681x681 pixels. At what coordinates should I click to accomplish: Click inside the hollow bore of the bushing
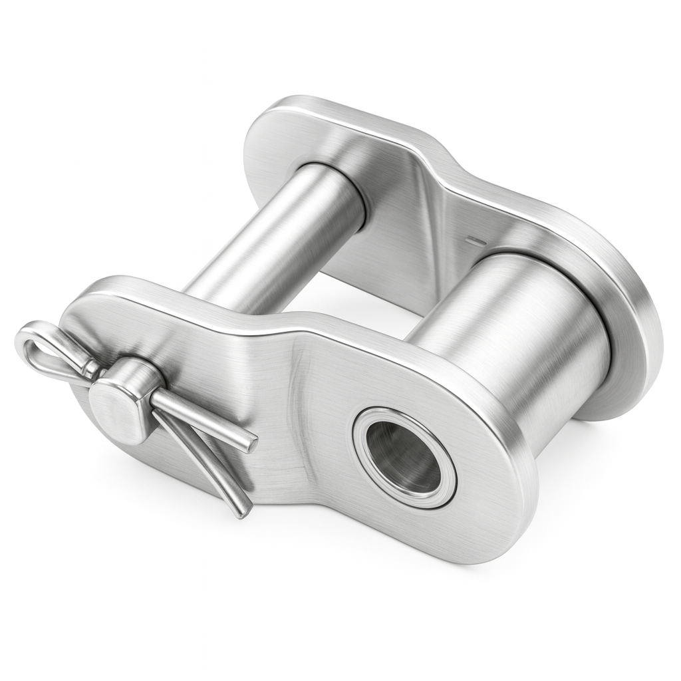403,458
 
